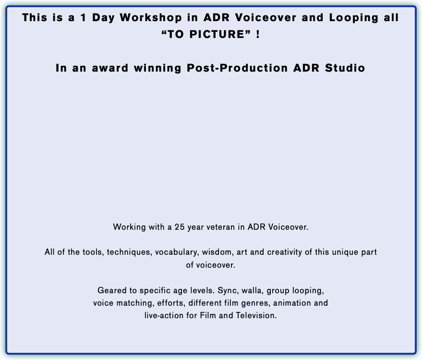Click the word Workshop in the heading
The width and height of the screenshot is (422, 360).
[151, 18]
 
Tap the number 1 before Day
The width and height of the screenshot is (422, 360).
[83, 17]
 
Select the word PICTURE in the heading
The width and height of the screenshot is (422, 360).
[217, 34]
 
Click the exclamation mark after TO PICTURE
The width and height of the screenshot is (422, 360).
[258, 34]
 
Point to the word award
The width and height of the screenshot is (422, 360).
[110, 68]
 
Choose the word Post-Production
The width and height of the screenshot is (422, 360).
[237, 68]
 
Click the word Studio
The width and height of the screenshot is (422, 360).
[345, 68]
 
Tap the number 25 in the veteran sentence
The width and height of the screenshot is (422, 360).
[180, 227]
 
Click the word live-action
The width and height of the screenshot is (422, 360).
[164, 315]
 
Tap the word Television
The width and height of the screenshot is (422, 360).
[256, 315]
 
